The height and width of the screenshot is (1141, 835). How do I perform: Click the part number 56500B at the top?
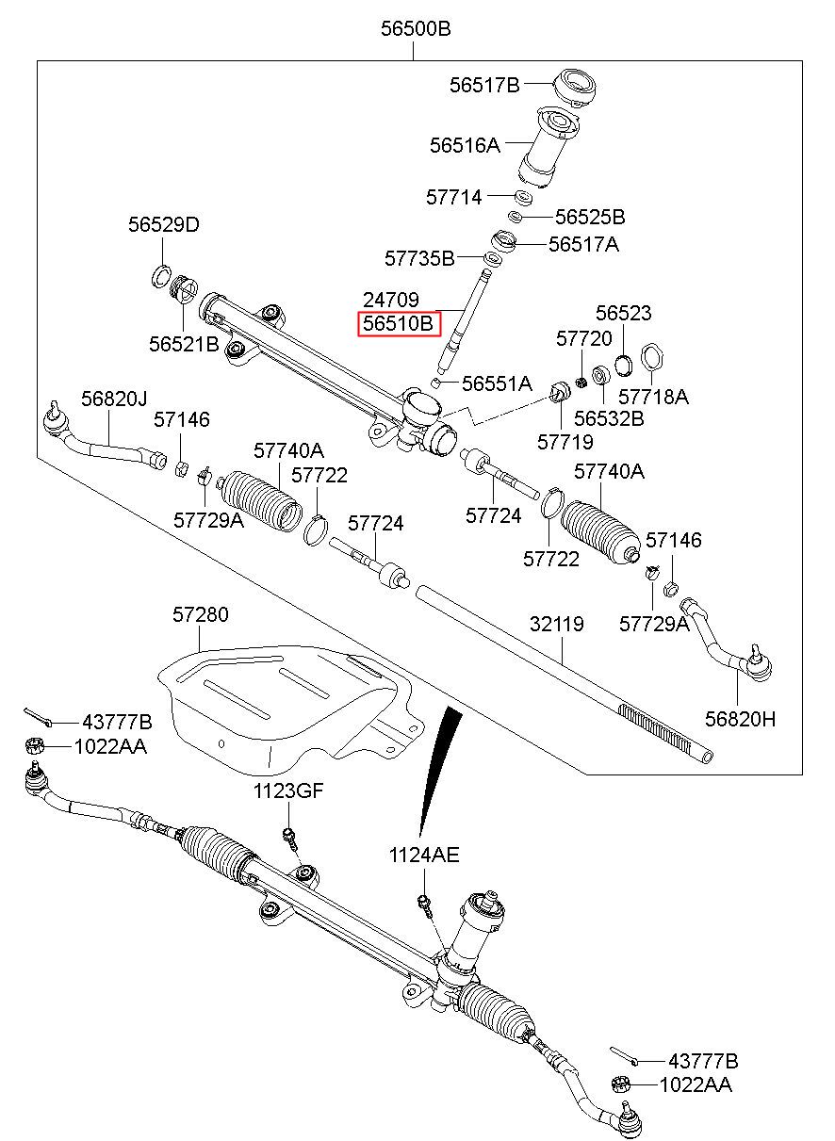click(x=416, y=29)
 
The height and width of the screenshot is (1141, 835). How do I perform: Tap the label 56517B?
click(x=484, y=86)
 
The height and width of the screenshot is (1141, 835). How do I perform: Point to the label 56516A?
click(x=465, y=146)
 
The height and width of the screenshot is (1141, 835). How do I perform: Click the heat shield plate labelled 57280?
click(x=283, y=697)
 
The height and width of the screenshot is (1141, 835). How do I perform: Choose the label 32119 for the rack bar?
click(x=556, y=624)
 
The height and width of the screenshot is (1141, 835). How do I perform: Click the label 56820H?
click(x=741, y=719)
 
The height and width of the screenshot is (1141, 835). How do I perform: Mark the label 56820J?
click(x=114, y=399)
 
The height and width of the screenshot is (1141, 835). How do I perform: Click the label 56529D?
click(x=164, y=225)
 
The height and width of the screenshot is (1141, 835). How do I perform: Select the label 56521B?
click(x=184, y=345)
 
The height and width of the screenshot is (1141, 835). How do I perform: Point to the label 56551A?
click(x=498, y=383)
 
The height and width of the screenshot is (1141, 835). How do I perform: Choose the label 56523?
click(x=624, y=314)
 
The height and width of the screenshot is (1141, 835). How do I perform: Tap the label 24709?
click(x=391, y=301)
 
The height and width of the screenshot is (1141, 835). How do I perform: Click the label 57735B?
click(x=419, y=257)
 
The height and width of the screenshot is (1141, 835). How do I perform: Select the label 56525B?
click(x=590, y=218)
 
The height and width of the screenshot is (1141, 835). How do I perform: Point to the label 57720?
click(x=583, y=338)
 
